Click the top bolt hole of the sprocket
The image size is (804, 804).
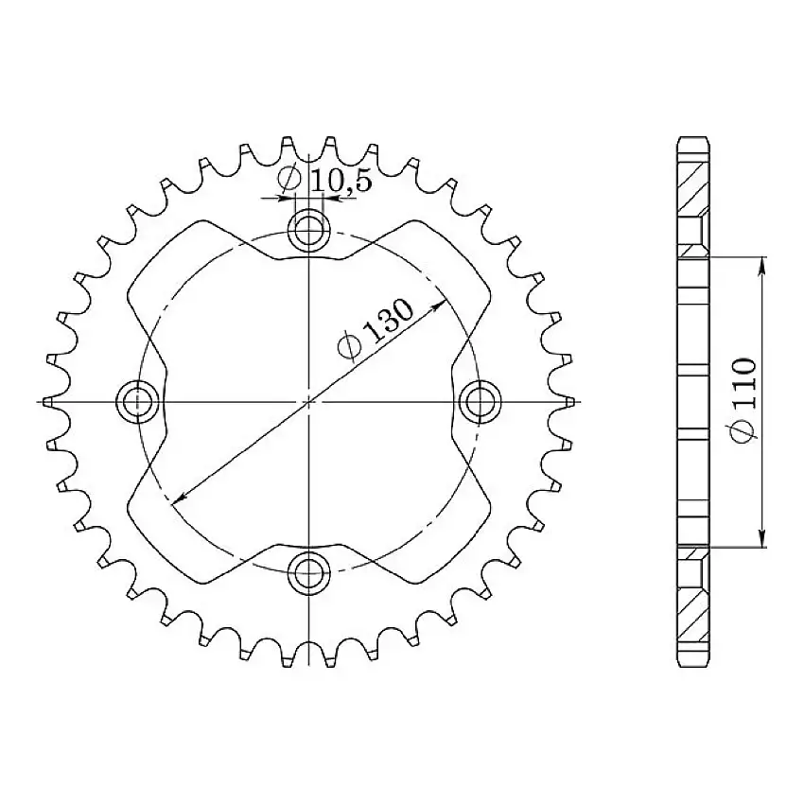coord(309,228)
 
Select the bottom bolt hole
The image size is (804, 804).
coord(309,570)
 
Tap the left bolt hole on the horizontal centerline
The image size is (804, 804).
coord(138,400)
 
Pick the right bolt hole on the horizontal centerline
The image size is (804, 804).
coord(480,400)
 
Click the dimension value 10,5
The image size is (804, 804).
coord(338,179)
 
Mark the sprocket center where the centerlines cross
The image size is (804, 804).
coord(309,400)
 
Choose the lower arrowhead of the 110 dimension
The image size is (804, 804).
coord(762,540)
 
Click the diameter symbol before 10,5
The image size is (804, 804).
coord(290,178)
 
